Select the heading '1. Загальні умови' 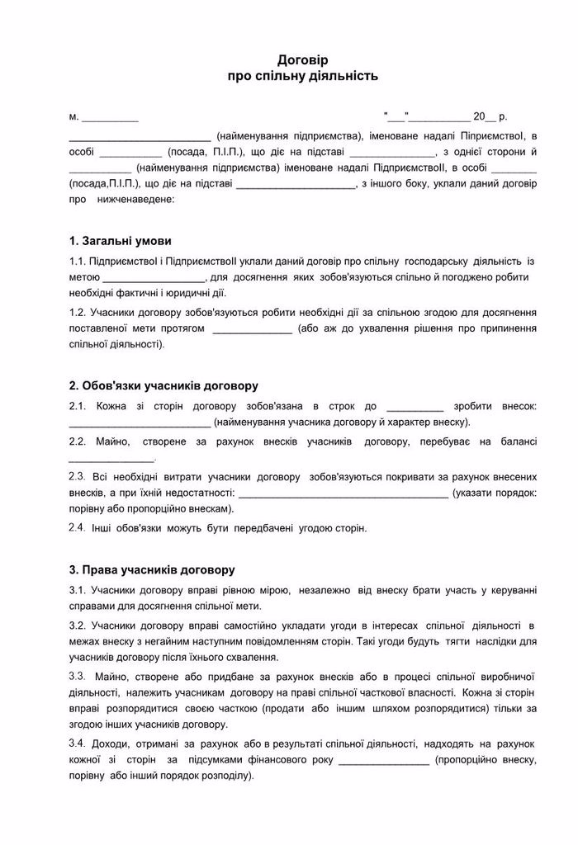point(121,242)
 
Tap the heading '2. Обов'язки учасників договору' point(163,385)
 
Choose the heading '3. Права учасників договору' point(152,569)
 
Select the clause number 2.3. point(78,477)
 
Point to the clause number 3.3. point(78,676)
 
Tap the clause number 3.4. point(78,744)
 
